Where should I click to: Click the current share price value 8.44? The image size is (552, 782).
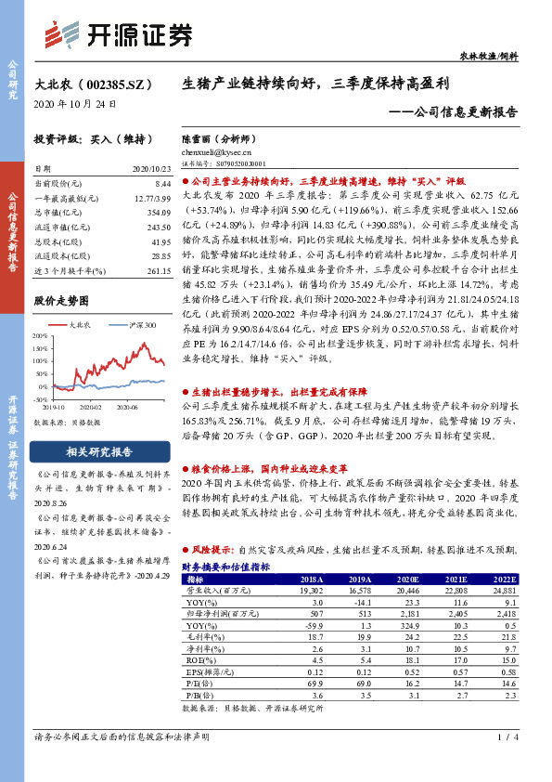[x=162, y=185]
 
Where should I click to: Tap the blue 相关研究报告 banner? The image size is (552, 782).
[x=100, y=452]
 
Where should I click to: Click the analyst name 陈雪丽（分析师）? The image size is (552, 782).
[x=219, y=137]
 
